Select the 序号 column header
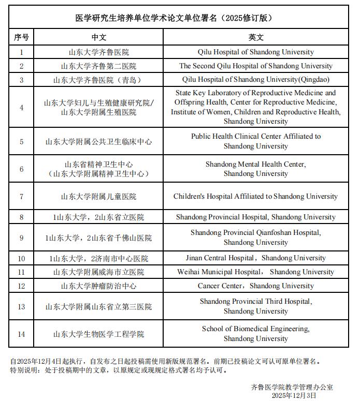click(x=22, y=38)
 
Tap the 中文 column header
click(x=98, y=38)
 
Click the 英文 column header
click(x=256, y=38)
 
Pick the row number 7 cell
click(x=22, y=197)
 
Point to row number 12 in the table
click(x=22, y=286)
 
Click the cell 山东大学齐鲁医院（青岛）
click(x=98, y=80)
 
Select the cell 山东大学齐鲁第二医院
click(x=98, y=66)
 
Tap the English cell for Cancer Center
click(x=256, y=286)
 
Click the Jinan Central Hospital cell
click(x=256, y=258)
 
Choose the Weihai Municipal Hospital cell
click(x=256, y=272)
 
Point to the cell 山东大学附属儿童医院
click(x=98, y=197)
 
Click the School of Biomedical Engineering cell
click(x=256, y=334)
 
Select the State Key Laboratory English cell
click(x=256, y=107)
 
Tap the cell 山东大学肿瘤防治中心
click(x=98, y=286)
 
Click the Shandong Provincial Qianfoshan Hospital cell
click(x=256, y=237)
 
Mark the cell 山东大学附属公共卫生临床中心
click(x=98, y=141)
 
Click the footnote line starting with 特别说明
click(x=119, y=370)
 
